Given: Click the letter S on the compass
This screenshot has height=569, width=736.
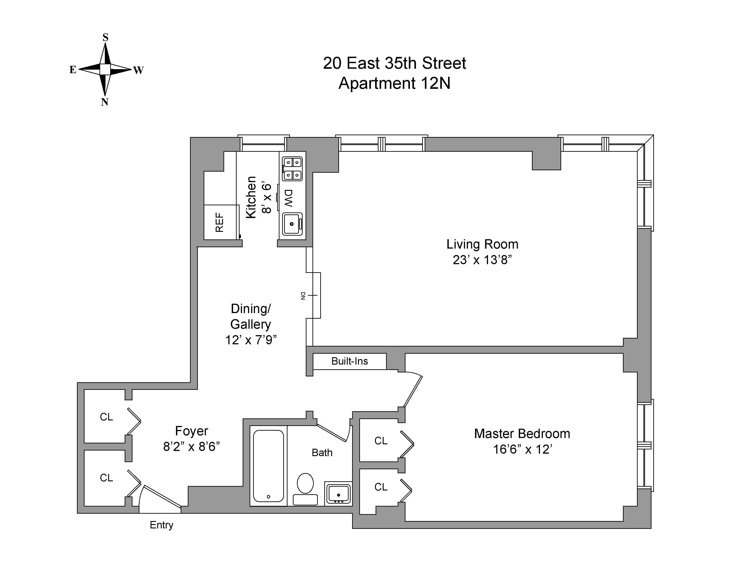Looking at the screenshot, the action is click(x=105, y=37).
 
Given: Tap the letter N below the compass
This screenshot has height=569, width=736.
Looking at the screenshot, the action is click(x=104, y=102).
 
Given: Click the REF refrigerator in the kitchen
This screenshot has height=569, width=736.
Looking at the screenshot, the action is click(x=220, y=222).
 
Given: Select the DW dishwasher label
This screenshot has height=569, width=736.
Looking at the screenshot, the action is click(x=288, y=198).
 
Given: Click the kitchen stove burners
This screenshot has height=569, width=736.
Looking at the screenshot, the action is click(x=292, y=169).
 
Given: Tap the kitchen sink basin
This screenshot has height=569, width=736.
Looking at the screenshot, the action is click(x=292, y=224).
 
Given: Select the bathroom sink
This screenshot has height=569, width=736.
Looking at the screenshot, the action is click(x=338, y=494).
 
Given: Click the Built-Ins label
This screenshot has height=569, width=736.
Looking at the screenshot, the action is click(x=349, y=361).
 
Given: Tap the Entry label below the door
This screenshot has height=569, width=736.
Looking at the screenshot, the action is click(x=161, y=525).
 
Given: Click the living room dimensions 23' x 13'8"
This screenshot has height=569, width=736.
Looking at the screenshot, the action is click(x=482, y=260).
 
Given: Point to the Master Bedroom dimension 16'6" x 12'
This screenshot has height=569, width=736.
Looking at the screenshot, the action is click(x=522, y=449).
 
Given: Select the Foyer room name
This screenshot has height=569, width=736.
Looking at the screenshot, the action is click(x=191, y=431).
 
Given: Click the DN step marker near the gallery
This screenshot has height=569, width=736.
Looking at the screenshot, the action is click(x=303, y=296).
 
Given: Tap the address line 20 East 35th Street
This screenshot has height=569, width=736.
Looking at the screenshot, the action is click(x=394, y=63).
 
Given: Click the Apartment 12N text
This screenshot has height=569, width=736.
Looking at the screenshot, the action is click(x=394, y=83).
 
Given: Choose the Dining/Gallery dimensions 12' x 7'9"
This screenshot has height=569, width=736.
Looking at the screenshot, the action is click(x=251, y=340).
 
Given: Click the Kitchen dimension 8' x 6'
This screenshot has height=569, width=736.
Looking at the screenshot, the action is click(x=266, y=198).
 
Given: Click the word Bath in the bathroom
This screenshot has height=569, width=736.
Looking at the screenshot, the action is click(x=322, y=452).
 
